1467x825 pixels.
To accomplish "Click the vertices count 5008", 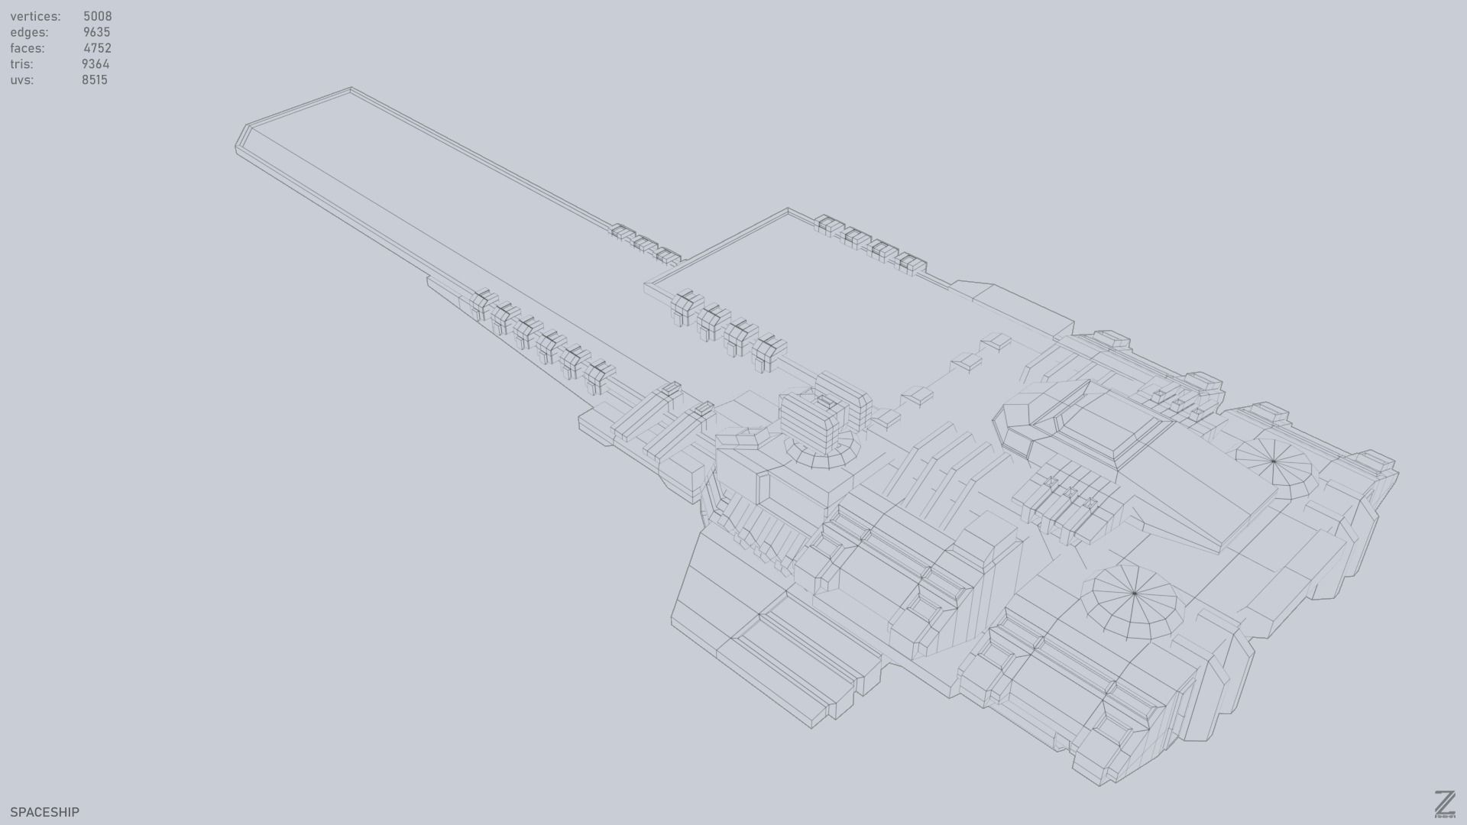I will click(97, 16).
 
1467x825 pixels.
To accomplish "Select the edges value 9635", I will click(96, 32).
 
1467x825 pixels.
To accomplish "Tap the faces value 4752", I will click(97, 48).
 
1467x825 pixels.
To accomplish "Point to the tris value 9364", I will click(96, 64).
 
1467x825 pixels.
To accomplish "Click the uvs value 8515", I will click(94, 80).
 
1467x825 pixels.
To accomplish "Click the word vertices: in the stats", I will click(35, 16).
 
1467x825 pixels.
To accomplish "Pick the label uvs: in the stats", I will click(21, 80).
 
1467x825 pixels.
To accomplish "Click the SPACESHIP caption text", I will click(44, 812).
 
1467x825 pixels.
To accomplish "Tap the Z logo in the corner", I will click(1444, 804).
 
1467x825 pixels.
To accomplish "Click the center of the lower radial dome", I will click(1134, 593).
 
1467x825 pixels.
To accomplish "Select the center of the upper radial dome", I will click(1273, 461).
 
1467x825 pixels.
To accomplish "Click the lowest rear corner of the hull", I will click(1100, 785).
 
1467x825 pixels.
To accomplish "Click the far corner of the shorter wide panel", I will click(788, 209).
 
